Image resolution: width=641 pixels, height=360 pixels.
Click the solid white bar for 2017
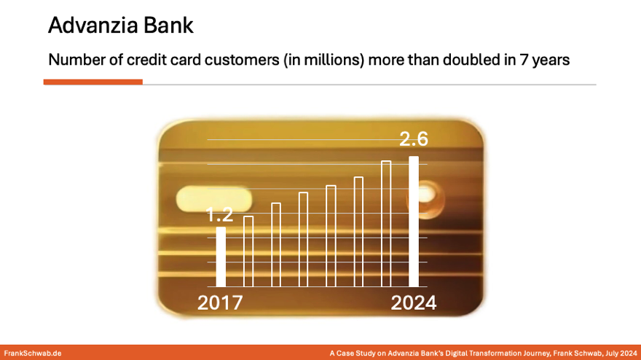[x=221, y=257]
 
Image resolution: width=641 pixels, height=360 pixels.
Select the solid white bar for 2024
[x=414, y=222]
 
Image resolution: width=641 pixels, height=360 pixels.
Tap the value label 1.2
[x=219, y=215]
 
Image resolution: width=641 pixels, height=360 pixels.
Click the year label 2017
[x=220, y=302]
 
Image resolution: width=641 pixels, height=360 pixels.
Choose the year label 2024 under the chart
[x=414, y=302]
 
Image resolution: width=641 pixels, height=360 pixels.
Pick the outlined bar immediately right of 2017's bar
[x=248, y=251]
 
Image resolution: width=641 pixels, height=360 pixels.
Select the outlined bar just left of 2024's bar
[x=386, y=224]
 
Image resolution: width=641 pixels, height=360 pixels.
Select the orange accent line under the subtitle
[x=93, y=82]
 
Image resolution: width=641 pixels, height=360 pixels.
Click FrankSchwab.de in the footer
[x=33, y=353]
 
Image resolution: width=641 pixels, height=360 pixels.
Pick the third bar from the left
[x=276, y=245]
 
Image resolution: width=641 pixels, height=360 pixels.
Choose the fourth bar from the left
[x=304, y=240]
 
